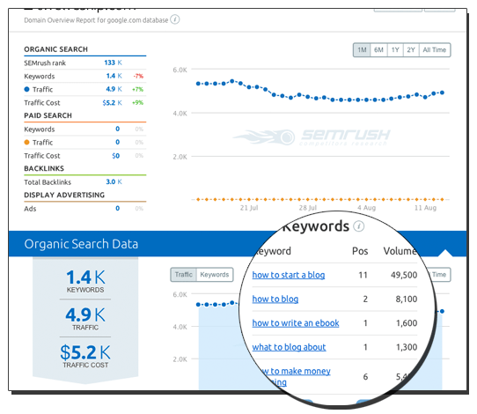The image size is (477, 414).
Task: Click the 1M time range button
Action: click(x=362, y=50)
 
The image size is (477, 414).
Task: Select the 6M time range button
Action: click(x=378, y=50)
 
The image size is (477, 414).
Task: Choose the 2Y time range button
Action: click(x=411, y=50)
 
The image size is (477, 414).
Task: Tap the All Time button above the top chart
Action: click(x=435, y=50)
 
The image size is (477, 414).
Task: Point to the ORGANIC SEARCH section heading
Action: click(x=57, y=49)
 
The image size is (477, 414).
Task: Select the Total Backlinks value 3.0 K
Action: click(x=113, y=181)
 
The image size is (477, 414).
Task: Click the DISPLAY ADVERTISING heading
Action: click(x=70, y=195)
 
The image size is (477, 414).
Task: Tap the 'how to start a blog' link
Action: click(x=288, y=275)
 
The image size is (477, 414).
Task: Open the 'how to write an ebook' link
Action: click(x=296, y=323)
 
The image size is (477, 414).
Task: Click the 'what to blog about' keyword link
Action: click(x=289, y=347)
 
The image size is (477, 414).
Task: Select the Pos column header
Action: click(x=360, y=250)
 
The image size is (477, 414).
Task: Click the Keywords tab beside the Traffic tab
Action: click(x=215, y=275)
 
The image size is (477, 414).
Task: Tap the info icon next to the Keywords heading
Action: click(x=358, y=226)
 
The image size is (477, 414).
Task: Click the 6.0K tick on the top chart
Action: click(x=180, y=70)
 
